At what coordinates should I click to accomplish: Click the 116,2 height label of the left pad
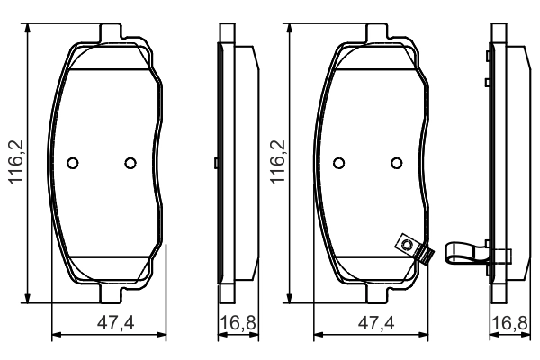click(x=16, y=162)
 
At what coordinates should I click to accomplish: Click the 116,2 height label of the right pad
click(x=278, y=162)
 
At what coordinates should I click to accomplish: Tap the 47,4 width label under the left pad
click(x=116, y=323)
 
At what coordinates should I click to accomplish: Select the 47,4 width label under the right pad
click(x=376, y=323)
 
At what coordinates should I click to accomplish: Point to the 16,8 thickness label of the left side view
click(x=238, y=323)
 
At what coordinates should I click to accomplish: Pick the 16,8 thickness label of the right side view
click(x=509, y=323)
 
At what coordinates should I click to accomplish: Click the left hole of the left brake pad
click(x=73, y=163)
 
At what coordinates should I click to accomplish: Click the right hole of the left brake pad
click(x=130, y=163)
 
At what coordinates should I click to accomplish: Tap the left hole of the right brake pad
click(x=339, y=163)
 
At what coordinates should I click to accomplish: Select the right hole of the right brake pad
click(x=396, y=163)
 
